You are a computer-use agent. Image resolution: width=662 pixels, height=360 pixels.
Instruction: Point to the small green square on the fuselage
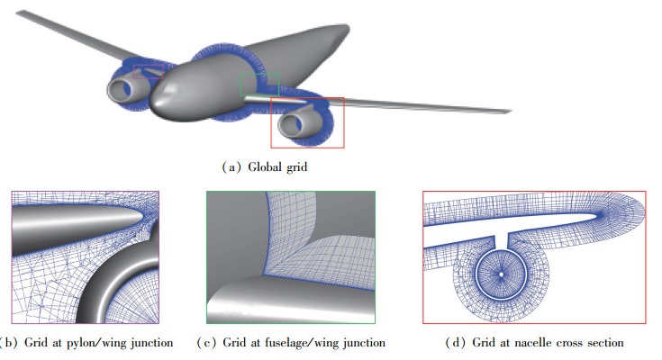[x=259, y=85]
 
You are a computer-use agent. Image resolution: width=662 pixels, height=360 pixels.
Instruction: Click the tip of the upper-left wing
[x=20, y=13]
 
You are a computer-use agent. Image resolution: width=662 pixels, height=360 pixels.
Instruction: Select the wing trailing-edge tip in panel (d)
[x=598, y=215]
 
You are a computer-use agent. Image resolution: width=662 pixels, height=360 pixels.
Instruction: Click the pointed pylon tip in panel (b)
[x=140, y=218]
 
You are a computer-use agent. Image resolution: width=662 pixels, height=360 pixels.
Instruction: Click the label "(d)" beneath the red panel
[x=453, y=343]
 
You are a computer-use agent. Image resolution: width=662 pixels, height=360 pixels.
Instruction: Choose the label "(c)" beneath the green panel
[x=205, y=343]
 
